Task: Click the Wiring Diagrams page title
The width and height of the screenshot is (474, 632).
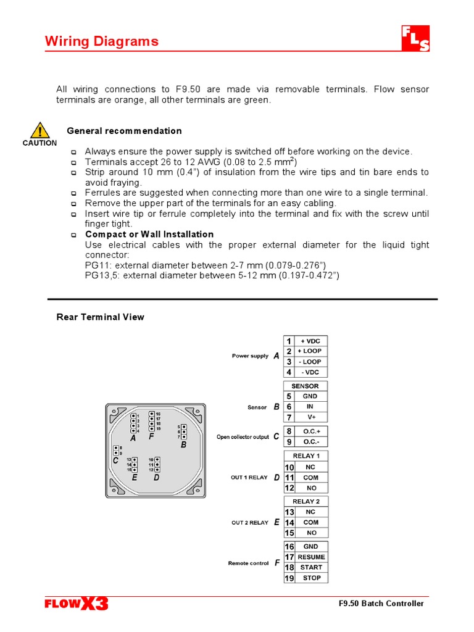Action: pyautogui.click(x=102, y=41)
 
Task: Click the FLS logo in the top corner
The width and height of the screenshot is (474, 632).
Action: pyautogui.click(x=415, y=39)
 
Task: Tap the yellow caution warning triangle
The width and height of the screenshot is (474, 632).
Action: pyautogui.click(x=39, y=130)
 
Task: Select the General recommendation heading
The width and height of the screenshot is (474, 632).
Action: pyautogui.click(x=124, y=131)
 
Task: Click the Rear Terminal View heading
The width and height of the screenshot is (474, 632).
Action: pyautogui.click(x=100, y=317)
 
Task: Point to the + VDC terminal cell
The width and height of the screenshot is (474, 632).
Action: pyautogui.click(x=311, y=341)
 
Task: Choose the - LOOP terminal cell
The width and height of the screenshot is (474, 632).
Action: pyautogui.click(x=311, y=362)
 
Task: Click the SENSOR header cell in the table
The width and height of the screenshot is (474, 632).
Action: pyautogui.click(x=305, y=386)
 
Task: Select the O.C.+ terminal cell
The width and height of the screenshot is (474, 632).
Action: pyautogui.click(x=311, y=431)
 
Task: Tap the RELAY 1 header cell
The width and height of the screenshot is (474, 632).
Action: pyautogui.click(x=306, y=456)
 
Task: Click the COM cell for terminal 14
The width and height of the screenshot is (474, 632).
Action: pyautogui.click(x=311, y=522)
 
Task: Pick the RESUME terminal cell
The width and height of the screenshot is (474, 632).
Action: pyautogui.click(x=311, y=557)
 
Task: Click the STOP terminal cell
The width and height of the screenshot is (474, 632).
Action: pyautogui.click(x=311, y=578)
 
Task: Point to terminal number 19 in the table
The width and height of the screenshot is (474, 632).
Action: pyautogui.click(x=289, y=578)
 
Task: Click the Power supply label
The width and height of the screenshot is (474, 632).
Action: pyautogui.click(x=250, y=356)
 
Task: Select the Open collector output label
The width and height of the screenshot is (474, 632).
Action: pyautogui.click(x=243, y=437)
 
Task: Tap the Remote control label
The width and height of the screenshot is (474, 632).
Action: pyautogui.click(x=248, y=563)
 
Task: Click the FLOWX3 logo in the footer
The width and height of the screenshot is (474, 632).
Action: pyautogui.click(x=76, y=604)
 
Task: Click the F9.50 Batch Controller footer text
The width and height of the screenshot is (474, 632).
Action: pyautogui.click(x=381, y=604)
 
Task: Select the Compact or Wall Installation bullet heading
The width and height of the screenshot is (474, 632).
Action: pyautogui.click(x=149, y=235)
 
